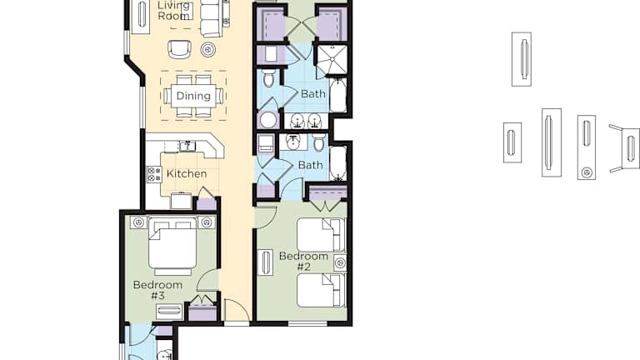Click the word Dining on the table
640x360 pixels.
pyautogui.click(x=193, y=96)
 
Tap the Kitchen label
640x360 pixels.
pyautogui.click(x=187, y=173)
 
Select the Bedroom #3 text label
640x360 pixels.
pyautogui.click(x=157, y=290)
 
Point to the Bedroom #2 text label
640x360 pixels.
pyautogui.click(x=303, y=261)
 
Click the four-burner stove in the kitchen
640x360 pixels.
pyautogui.click(x=154, y=174)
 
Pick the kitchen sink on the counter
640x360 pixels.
pyautogui.click(x=187, y=145)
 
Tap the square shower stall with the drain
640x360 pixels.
pyautogui.click(x=332, y=60)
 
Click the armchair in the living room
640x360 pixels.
pyautogui.click(x=180, y=49)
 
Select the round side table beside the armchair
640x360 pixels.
pyautogui.click(x=208, y=49)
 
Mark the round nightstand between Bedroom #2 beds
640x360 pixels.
pyautogui.click(x=340, y=263)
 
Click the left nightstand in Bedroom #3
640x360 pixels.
pyautogui.click(x=139, y=222)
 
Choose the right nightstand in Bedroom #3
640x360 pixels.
pyautogui.click(x=207, y=222)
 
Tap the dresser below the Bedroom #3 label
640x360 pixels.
pyautogui.click(x=169, y=311)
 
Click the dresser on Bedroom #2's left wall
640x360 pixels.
pyautogui.click(x=265, y=262)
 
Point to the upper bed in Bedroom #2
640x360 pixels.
pyautogui.click(x=321, y=235)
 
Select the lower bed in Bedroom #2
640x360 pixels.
pyautogui.click(x=321, y=290)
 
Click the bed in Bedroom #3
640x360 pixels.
pyautogui.click(x=172, y=247)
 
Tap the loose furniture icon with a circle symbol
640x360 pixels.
pyautogui.click(x=587, y=147)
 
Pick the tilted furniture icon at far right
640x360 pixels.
pyautogui.click(x=625, y=148)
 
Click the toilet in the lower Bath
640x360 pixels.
pyautogui.click(x=319, y=142)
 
